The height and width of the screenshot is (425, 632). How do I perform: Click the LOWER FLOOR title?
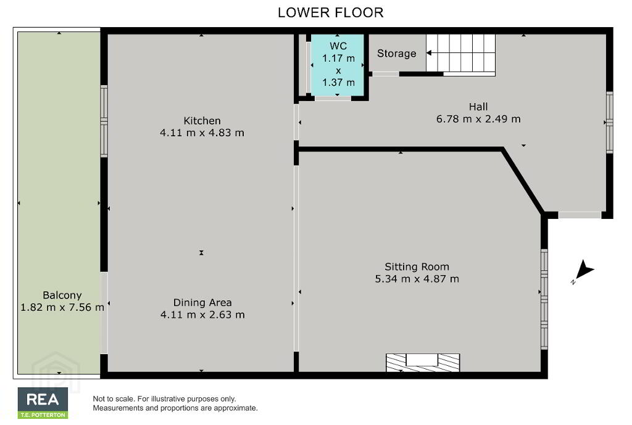[331, 12]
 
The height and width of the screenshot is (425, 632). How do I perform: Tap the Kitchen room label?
[202, 120]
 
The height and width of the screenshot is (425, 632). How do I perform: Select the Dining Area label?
[202, 302]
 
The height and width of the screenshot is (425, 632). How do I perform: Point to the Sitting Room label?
[417, 266]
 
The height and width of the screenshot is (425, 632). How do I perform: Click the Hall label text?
[478, 107]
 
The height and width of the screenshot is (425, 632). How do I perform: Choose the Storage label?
[397, 54]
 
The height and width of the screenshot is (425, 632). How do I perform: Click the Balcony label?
[62, 295]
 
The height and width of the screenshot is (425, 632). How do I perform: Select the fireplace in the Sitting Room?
[423, 363]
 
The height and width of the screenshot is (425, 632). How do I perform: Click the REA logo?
[43, 403]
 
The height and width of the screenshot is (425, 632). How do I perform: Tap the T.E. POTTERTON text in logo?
[43, 415]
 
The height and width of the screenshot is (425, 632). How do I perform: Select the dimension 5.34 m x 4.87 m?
[417, 279]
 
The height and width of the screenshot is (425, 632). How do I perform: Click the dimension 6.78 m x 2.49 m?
[478, 119]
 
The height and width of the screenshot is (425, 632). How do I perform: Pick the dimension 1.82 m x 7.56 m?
[62, 307]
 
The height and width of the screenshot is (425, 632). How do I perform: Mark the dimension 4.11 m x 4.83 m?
[202, 133]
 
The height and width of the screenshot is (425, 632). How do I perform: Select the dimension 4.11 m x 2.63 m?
[202, 315]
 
